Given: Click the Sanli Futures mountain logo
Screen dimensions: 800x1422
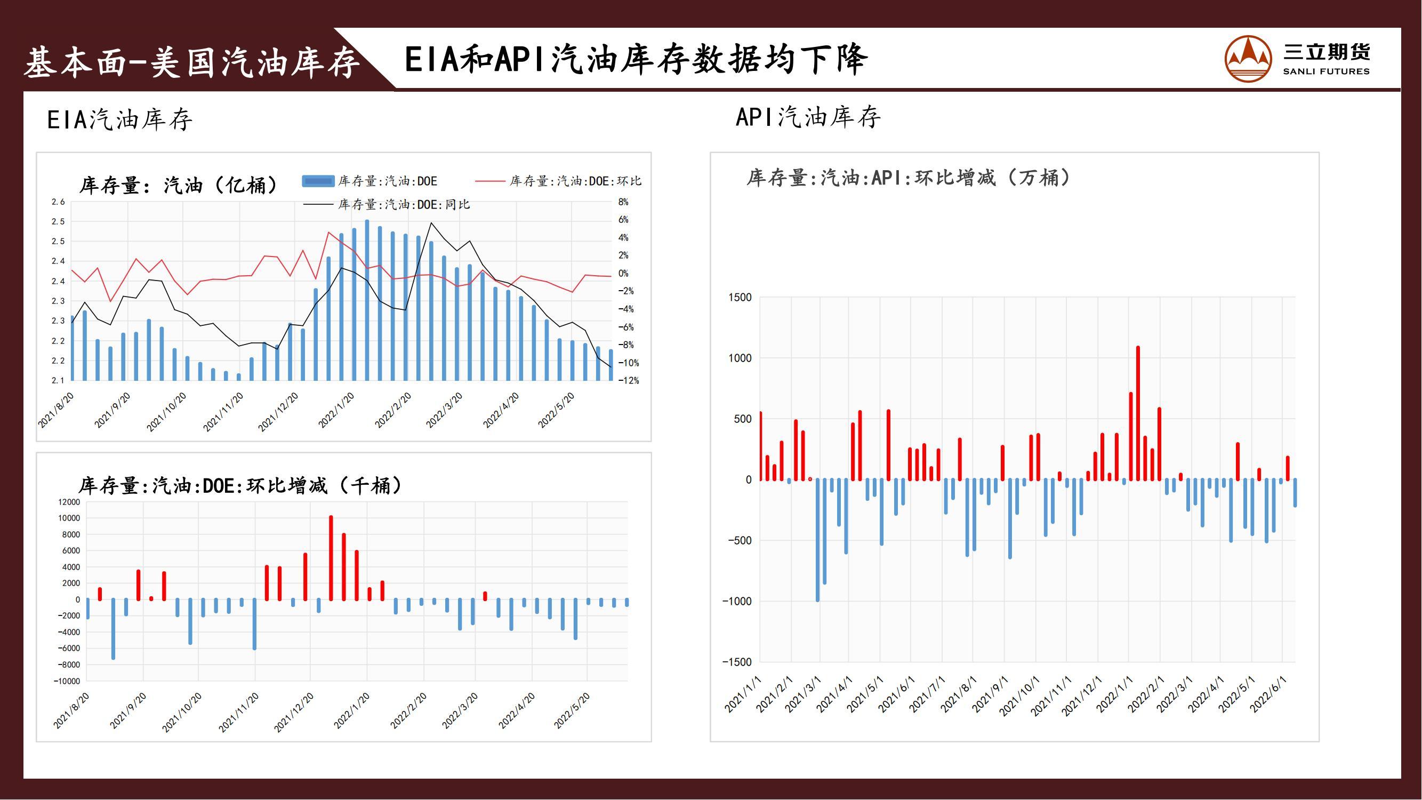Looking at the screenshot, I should [x=1248, y=59].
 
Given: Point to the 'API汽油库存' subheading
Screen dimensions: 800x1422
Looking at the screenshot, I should [x=808, y=117].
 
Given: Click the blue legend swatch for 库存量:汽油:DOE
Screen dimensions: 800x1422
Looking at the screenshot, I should [x=318, y=181].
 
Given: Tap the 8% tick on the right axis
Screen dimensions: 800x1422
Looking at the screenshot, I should [x=623, y=202].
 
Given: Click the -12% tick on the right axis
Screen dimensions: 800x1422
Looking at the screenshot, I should [x=628, y=381].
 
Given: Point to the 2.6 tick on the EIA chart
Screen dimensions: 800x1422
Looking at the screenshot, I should [x=58, y=202].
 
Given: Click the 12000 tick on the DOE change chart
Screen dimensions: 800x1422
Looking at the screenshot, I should [x=69, y=502].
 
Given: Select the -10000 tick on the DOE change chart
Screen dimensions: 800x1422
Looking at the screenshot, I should [x=67, y=681].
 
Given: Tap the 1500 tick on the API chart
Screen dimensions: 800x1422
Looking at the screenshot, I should [x=740, y=298].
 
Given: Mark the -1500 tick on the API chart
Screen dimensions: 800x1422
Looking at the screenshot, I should [x=737, y=662].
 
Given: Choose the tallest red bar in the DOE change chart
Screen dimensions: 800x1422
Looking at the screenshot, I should [x=331, y=558].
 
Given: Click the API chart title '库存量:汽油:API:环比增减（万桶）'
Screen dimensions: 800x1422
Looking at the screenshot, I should [x=909, y=178].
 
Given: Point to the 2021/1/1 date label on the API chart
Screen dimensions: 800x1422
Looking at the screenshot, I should [x=743, y=694].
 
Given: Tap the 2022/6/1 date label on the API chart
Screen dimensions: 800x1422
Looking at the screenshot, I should [x=1268, y=694].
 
